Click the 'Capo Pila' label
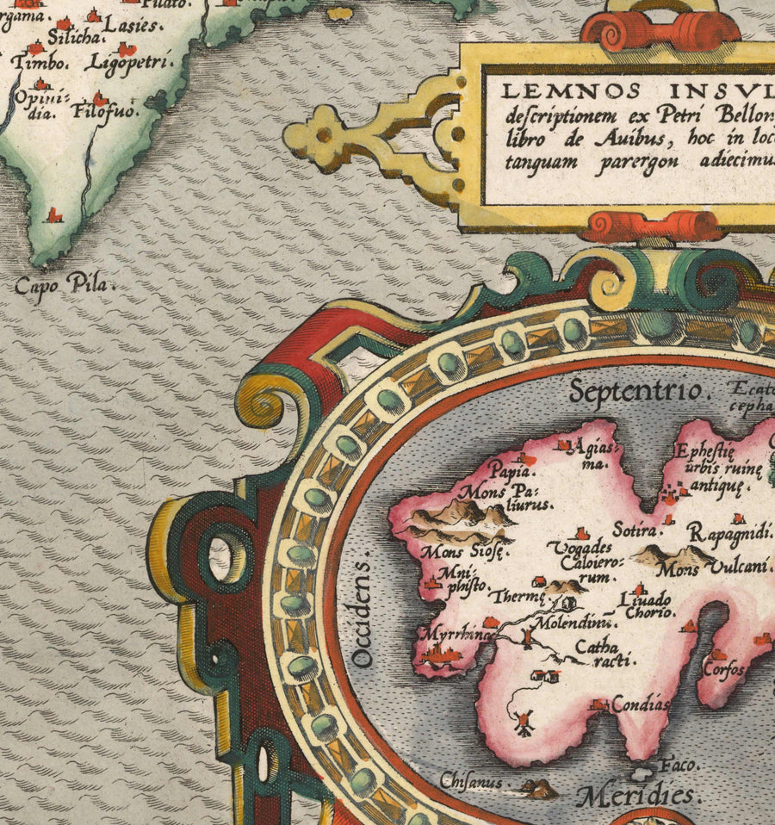pos(65,285)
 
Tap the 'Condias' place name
pos(640,704)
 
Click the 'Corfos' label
pos(722,667)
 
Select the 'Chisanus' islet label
pos(471,783)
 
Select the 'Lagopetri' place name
pos(130,63)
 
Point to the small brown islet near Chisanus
pos(539,785)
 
